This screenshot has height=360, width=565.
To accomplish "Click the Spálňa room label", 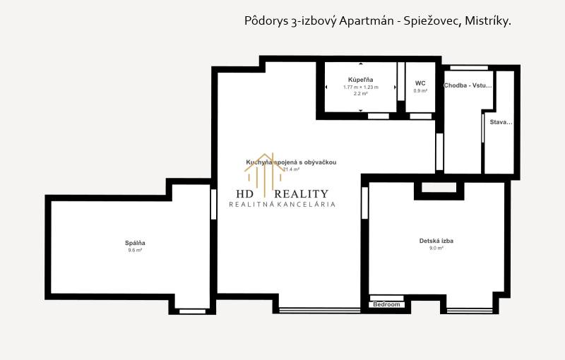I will coord(135,243).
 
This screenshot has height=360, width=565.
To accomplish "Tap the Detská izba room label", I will coord(436,241).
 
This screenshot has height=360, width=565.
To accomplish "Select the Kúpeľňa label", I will coord(360,80).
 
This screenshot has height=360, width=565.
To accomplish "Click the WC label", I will coord(420,83).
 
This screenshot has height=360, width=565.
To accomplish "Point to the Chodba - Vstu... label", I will coord(467,85).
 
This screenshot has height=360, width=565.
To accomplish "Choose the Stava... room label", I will coord(501,122).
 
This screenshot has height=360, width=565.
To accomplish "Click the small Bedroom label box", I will coord(388,304).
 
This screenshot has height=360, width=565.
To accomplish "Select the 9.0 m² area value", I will coord(436,248).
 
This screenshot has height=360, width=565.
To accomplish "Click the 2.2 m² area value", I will coord(360,93).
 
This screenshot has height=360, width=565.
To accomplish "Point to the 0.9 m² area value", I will coord(420,90).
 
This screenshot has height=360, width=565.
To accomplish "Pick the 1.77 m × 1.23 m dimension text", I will coord(360,87).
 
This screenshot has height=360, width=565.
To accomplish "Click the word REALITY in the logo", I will coord(301,194).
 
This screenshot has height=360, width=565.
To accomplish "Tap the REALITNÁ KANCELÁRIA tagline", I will coord(282,205).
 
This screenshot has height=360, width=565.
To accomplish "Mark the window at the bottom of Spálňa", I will coord(191,311).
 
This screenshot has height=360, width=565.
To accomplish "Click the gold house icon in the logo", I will coord(263,169).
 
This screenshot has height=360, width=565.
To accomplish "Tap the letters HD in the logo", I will coord(246,194).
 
